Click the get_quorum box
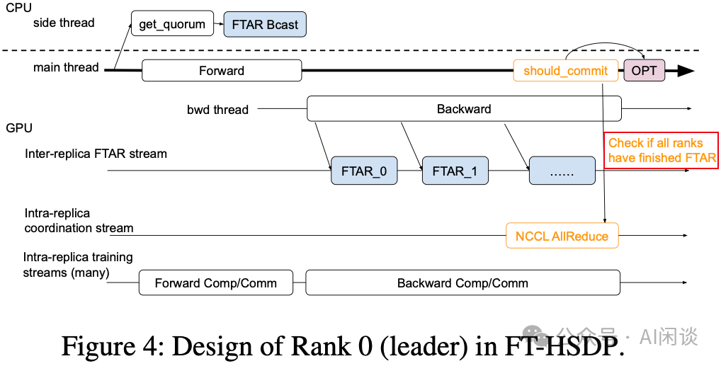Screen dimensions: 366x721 tap(171, 24)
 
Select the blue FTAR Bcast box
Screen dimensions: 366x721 tap(265, 25)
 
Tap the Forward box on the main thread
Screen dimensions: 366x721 tap(222, 71)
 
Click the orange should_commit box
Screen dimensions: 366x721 tap(565, 71)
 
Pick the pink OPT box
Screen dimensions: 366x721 tap(644, 71)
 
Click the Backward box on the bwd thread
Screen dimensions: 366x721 tap(464, 109)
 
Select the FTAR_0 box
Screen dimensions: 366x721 tap(364, 171)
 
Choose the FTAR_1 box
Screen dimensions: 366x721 tap(455, 171)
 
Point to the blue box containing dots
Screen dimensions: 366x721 tap(562, 171)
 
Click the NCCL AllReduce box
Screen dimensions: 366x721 tap(562, 236)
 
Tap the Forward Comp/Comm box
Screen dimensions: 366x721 tap(216, 282)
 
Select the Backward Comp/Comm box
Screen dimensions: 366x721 tap(462, 282)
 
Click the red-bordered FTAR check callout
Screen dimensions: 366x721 tap(661, 150)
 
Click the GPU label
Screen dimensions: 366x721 tap(18, 128)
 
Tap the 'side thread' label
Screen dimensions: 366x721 tap(64, 23)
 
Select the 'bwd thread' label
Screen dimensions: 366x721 tap(217, 110)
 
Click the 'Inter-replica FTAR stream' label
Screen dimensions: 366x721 tap(96, 153)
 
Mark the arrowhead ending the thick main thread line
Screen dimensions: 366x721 tap(686, 71)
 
